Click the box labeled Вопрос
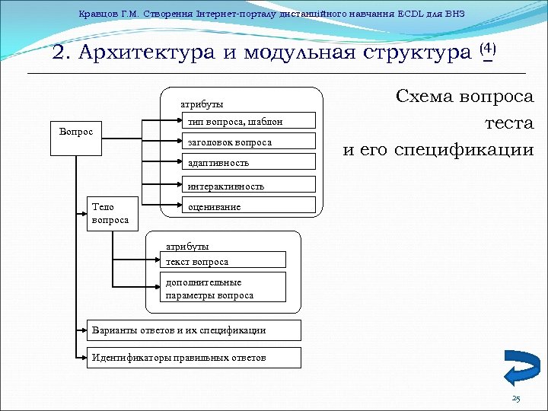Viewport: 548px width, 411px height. tap(76, 132)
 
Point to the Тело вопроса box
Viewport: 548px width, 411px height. tap(110, 213)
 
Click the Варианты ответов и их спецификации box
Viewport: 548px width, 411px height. tap(193, 330)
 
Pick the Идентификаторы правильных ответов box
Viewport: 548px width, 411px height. tap(193, 357)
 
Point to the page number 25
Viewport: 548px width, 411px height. tap(516, 400)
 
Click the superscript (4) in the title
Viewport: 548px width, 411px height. tap(488, 49)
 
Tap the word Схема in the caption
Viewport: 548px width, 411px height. tap(425, 97)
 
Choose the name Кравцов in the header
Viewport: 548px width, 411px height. tap(95, 14)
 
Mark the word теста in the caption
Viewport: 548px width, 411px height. tap(509, 123)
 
